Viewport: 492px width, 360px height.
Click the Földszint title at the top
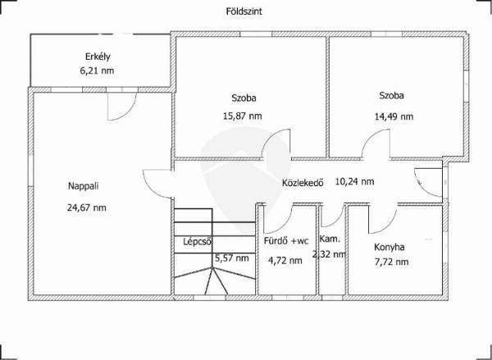(244, 11)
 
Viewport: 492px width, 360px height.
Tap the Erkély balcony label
(98, 57)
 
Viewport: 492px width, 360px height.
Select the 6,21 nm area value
(97, 71)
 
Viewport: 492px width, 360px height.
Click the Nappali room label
(84, 186)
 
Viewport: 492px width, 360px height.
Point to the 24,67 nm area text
(87, 207)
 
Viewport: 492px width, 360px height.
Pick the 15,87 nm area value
(242, 116)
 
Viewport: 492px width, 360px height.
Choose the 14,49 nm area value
(394, 116)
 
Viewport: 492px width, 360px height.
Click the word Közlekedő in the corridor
(303, 183)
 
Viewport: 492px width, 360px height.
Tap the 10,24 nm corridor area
(354, 181)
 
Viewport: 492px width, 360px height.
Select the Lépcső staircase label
(198, 242)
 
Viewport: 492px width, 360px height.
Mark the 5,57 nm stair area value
(232, 258)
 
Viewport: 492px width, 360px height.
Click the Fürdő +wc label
(286, 241)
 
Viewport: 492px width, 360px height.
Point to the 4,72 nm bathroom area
(285, 261)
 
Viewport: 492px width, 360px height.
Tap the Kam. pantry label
(330, 239)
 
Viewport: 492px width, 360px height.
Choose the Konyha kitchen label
(389, 247)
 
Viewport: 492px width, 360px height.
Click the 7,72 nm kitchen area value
(391, 262)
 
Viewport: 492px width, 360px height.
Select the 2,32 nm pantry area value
(329, 254)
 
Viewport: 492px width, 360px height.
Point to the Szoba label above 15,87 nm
(244, 98)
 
